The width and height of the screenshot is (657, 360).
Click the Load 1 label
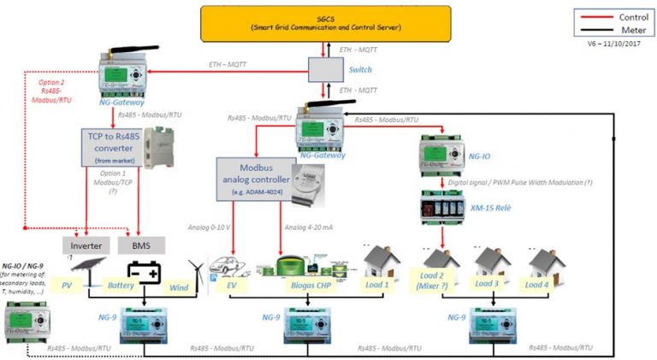tap(376, 285)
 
